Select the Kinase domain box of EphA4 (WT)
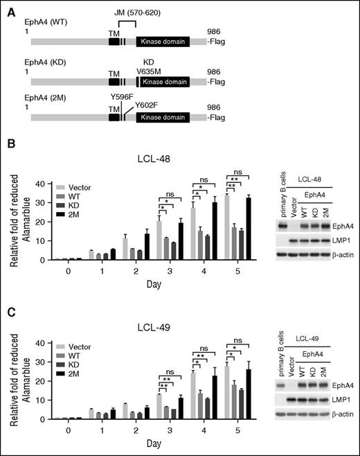click(x=164, y=42)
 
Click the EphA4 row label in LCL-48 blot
click(x=342, y=225)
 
